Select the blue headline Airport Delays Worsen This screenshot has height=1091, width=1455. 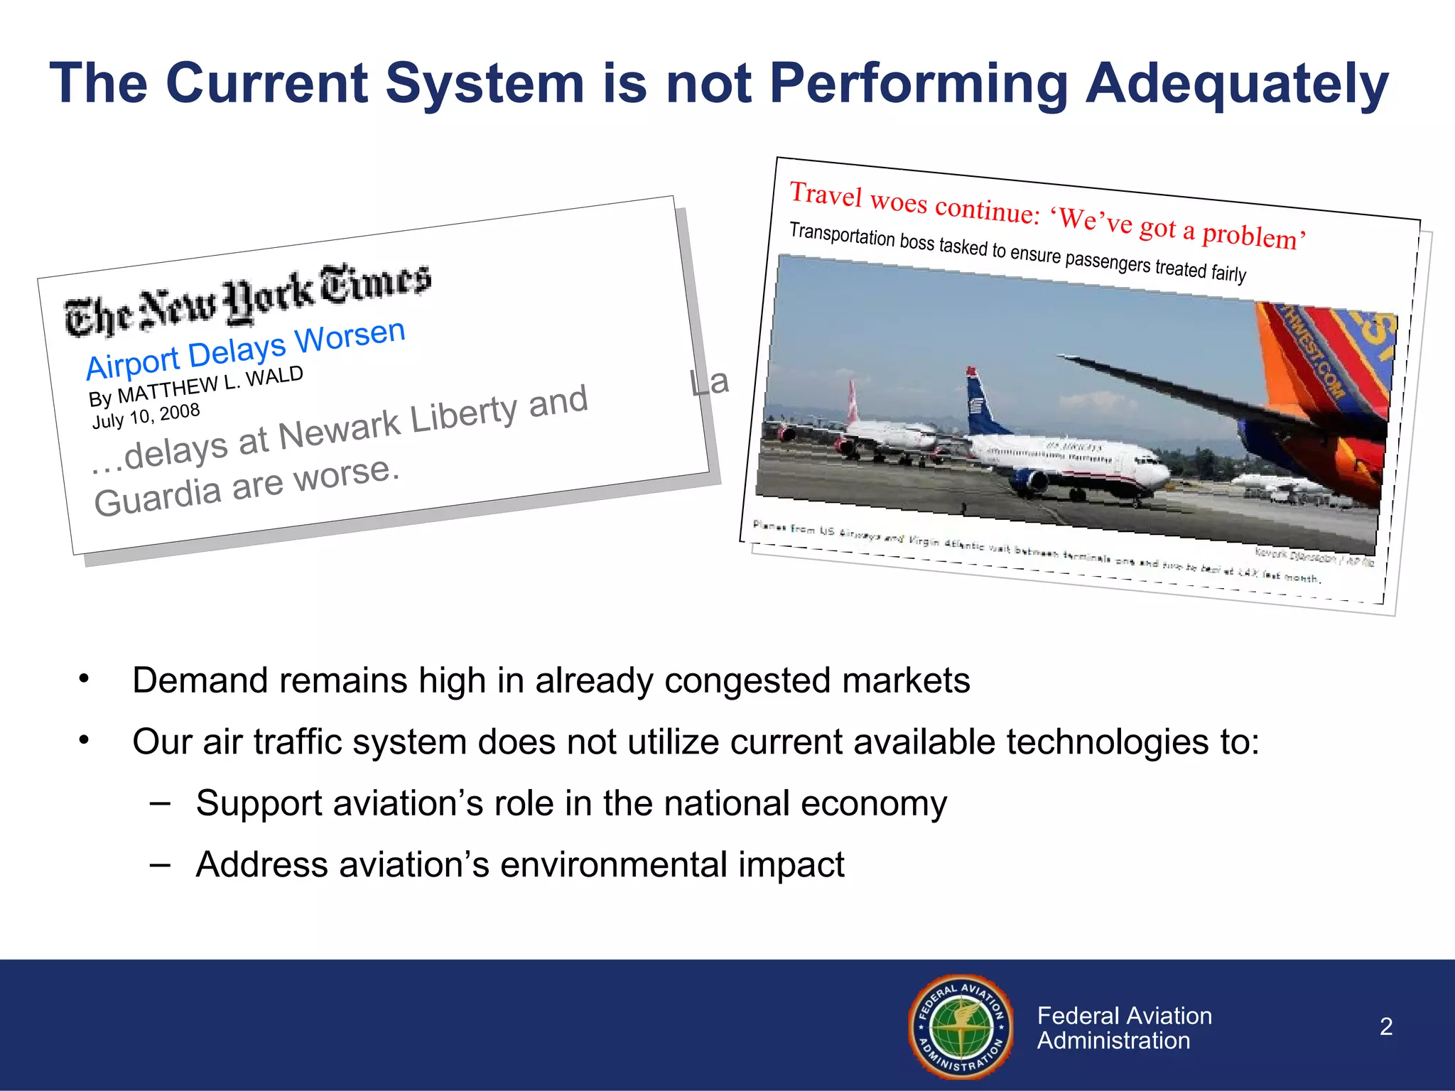[245, 349]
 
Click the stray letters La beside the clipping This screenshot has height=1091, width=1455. [709, 383]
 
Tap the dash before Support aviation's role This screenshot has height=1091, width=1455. [160, 803]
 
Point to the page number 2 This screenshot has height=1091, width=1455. [1385, 1026]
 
